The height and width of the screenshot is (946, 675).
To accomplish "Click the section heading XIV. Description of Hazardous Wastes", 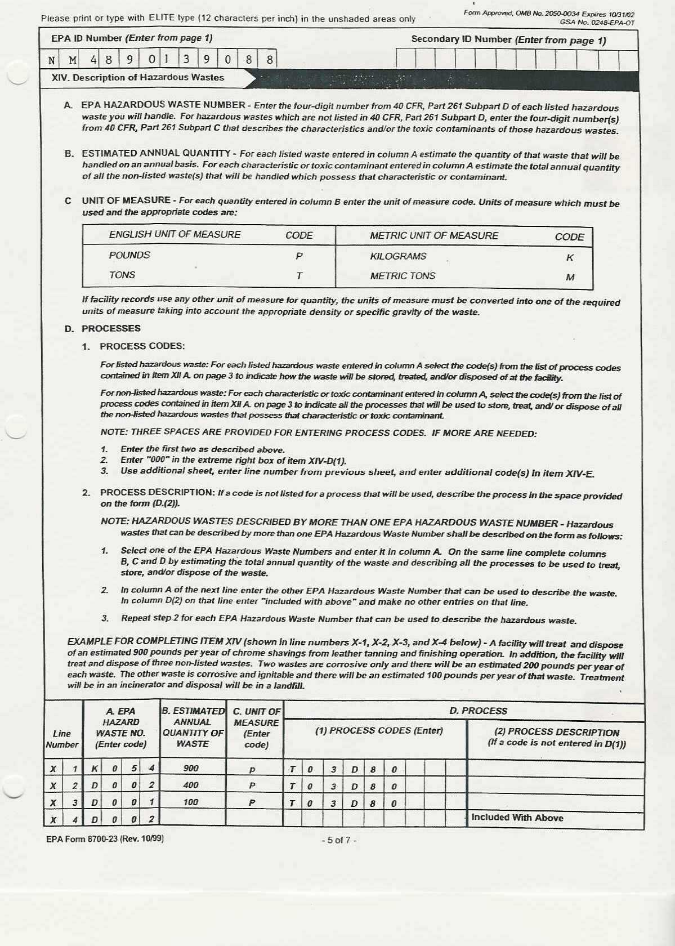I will (137, 78).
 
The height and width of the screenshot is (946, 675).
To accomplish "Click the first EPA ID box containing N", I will (52, 60).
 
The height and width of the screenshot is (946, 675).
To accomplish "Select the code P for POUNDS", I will (299, 256).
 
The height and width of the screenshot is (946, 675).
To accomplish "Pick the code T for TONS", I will (299, 276).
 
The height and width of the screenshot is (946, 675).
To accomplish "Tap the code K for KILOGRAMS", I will (570, 258).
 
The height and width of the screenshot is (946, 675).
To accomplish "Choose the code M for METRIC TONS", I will (570, 277).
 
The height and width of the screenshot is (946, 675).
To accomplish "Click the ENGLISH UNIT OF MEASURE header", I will (175, 235).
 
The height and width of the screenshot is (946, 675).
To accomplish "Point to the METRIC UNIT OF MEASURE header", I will (433, 236).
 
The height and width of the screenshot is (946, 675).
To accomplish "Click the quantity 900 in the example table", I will (191, 768).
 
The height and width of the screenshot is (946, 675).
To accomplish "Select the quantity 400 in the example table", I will (191, 785).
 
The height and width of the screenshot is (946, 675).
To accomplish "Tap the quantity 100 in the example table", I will (191, 802).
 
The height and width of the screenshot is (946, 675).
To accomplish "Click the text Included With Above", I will (517, 818).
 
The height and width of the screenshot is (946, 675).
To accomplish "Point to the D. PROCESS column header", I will (478, 711).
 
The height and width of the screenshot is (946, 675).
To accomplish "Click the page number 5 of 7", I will (338, 840).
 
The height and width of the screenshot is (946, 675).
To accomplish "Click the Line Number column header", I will (62, 739).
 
